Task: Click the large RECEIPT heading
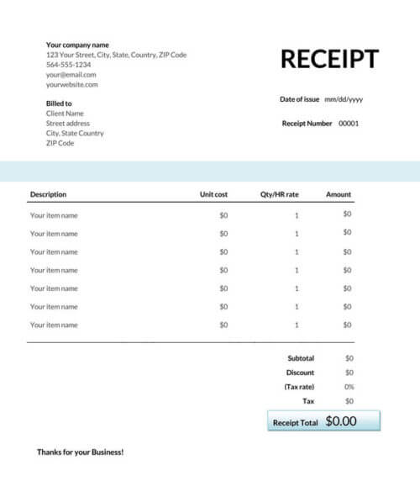pos(329,59)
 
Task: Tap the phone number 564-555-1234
pos(69,65)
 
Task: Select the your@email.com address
pos(71,75)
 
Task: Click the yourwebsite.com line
pos(72,85)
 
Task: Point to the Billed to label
pos(59,103)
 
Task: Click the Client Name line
pos(65,114)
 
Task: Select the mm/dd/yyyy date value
pos(343,99)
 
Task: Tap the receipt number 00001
pos(349,124)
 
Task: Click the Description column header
pos(48,194)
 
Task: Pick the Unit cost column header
pos(213,194)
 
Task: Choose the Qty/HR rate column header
pos(280,194)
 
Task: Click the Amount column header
pos(339,194)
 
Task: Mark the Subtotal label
pos(301,358)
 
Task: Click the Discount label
pos(300,373)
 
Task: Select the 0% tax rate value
pos(349,387)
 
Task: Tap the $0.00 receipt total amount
pos(341,421)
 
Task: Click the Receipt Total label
pos(295,423)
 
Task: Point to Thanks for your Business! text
pos(80,452)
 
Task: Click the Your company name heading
pos(77,45)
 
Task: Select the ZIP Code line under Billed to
pos(60,144)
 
